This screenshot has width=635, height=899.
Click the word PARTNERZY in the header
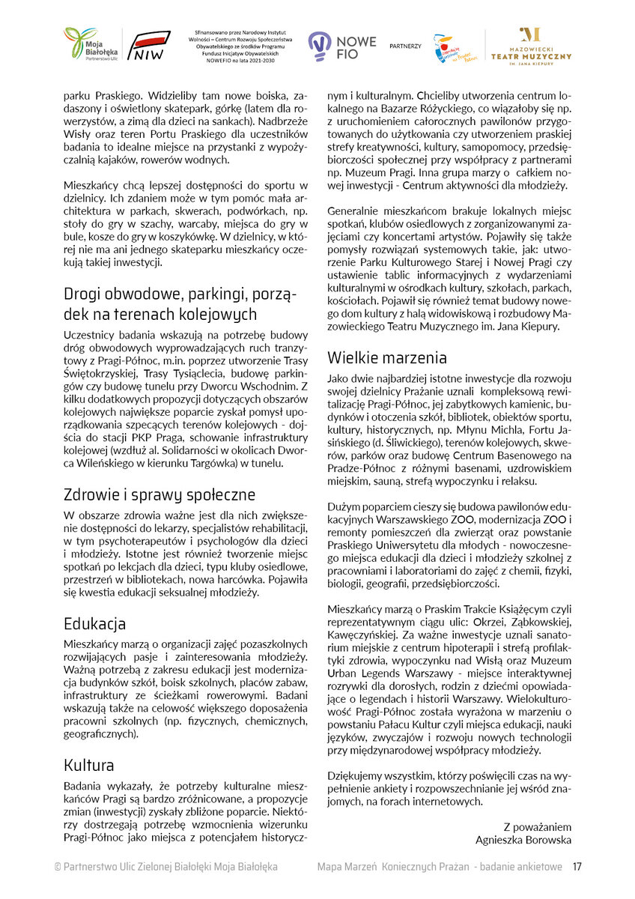(x=405, y=46)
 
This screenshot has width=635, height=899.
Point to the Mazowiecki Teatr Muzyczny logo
(x=530, y=46)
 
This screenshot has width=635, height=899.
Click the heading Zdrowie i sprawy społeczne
(x=159, y=494)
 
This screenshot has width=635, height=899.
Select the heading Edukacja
(x=94, y=624)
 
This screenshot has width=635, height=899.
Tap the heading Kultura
(x=88, y=765)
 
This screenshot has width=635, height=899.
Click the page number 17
(x=577, y=867)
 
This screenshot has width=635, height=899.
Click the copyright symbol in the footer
(x=57, y=867)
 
